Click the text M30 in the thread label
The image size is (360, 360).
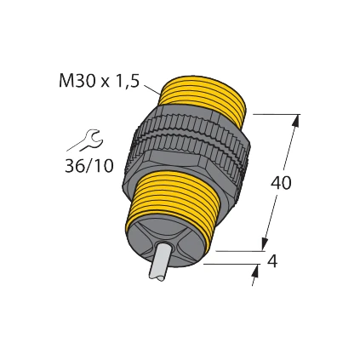(x=76, y=82)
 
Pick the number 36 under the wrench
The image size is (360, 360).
(x=75, y=165)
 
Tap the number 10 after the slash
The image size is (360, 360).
(x=103, y=165)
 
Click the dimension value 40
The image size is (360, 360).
(x=281, y=183)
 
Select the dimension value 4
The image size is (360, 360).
(x=272, y=262)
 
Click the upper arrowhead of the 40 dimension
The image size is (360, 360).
(x=294, y=121)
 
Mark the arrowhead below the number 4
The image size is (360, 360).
(x=255, y=273)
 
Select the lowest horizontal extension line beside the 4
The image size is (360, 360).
(x=230, y=264)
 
